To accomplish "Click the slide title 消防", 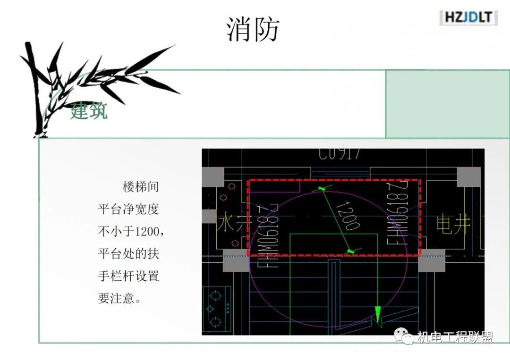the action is pos(253,29).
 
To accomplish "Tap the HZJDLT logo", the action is pos(468,18).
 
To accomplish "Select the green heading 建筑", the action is pos(89,112).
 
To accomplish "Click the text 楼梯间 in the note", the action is pos(141,187).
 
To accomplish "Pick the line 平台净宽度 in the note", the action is pos(128,209).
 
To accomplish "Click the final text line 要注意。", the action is pos(119,299).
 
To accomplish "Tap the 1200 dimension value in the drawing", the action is pos(348,215).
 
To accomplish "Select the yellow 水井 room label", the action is pos(231,224).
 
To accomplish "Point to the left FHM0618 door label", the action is pos(268,236).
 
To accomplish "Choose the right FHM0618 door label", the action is pos(398,213).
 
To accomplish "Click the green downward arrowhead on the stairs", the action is pos(378,314).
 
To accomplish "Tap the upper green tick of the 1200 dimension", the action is pos(322,189).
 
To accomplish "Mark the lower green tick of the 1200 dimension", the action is pos(350,251).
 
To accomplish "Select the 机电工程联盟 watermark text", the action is pos(454,337).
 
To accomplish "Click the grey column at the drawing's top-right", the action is pos(468,177).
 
